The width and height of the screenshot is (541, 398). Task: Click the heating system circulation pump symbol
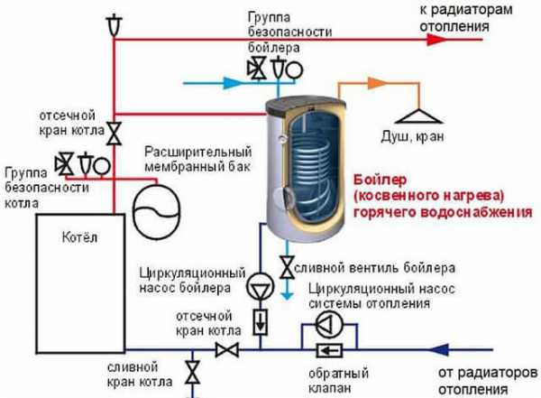pos(331,322)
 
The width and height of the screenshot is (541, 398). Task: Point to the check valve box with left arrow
pos(331,349)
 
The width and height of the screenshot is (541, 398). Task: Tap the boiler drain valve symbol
pos(286,267)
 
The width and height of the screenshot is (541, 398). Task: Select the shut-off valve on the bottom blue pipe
pos(234,349)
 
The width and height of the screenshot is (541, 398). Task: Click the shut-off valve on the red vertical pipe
pos(114,134)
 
